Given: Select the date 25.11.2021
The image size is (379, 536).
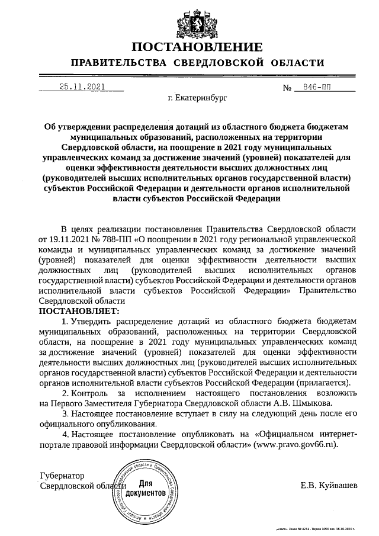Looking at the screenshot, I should coord(82,86).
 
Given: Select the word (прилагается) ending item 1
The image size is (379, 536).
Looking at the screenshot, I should coord(323,383).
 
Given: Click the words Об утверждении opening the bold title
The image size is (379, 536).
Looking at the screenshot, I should coord(80,127).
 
